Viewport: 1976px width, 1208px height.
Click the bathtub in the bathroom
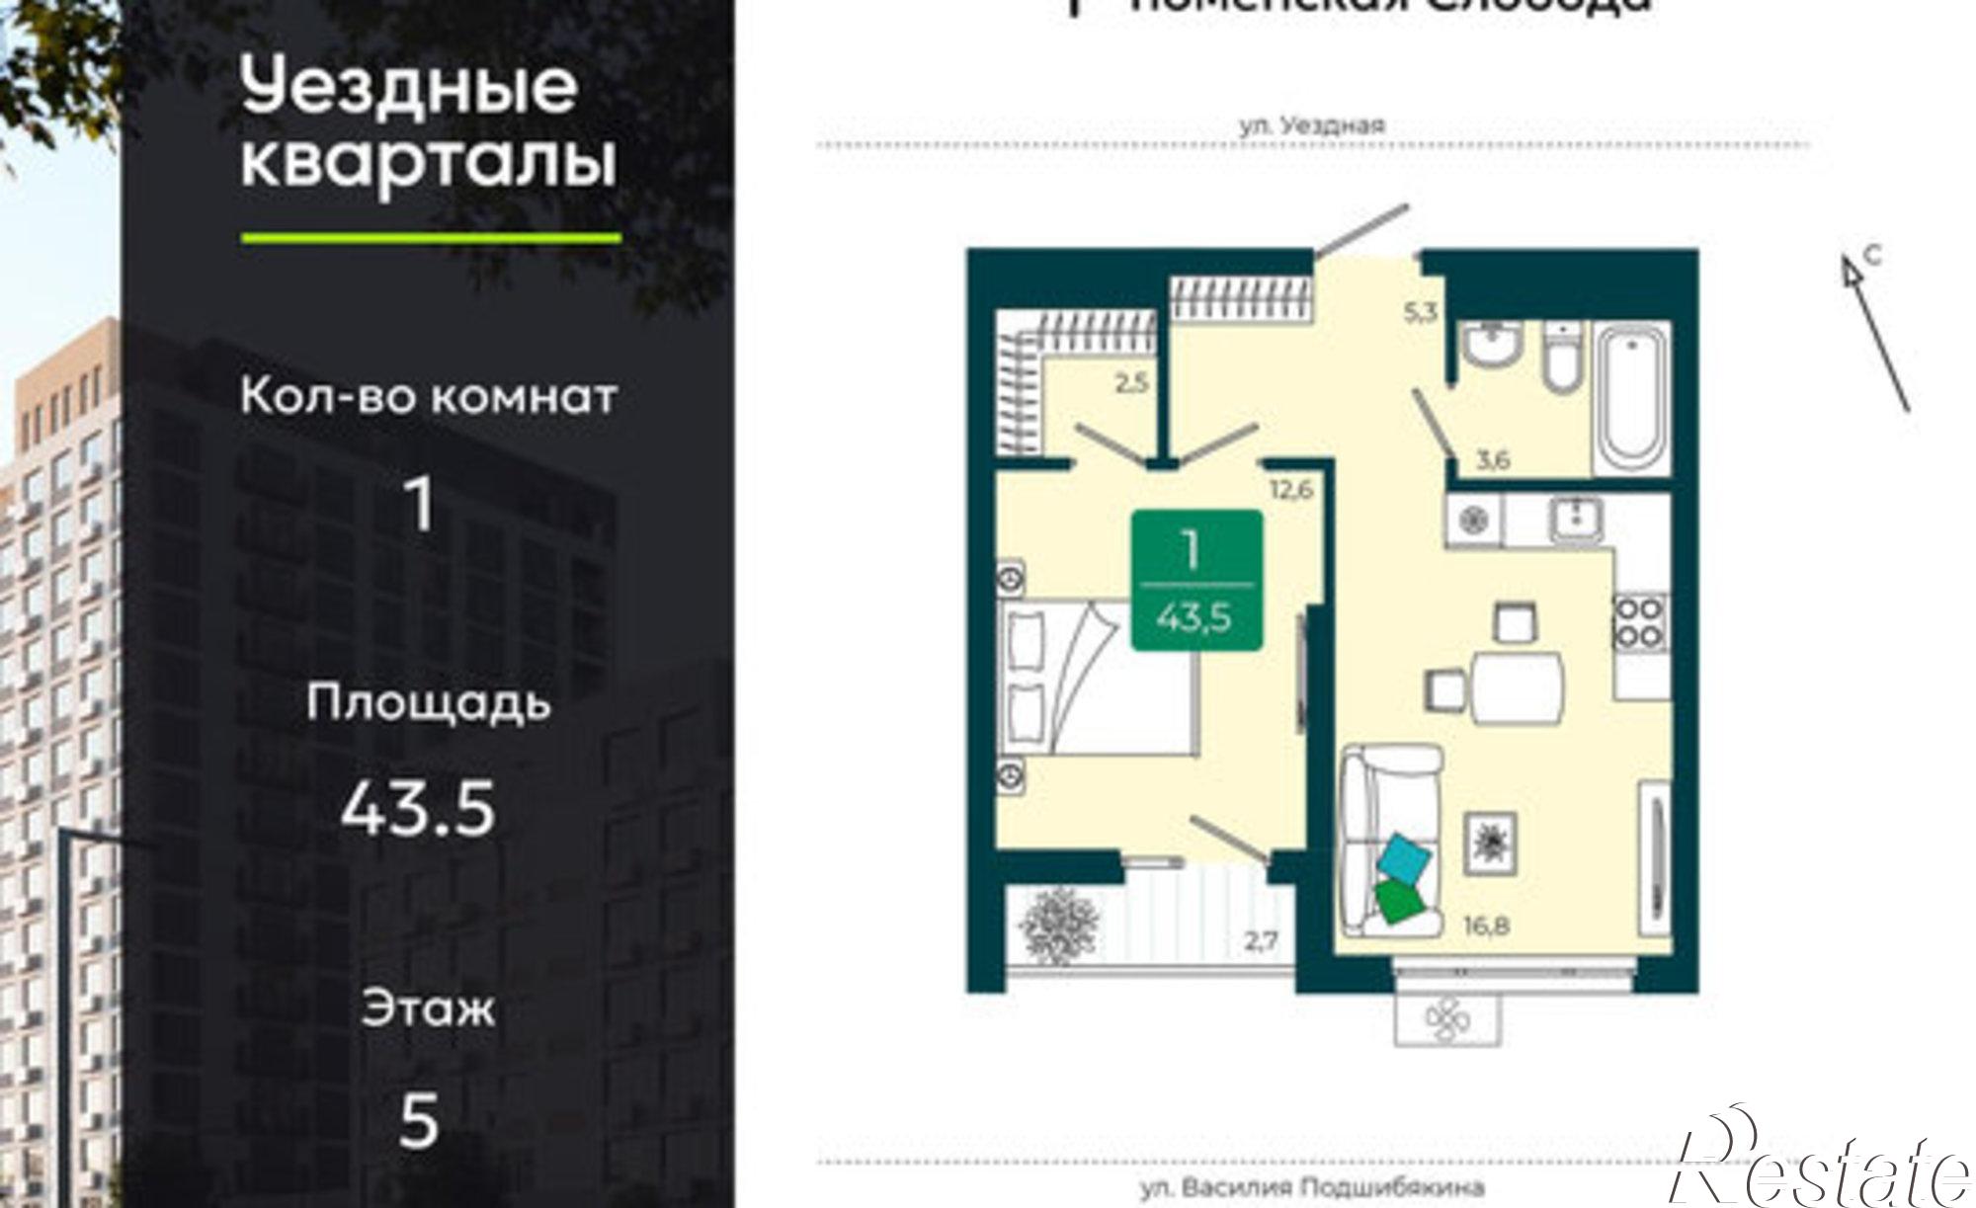1632,400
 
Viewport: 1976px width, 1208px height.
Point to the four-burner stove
1639,621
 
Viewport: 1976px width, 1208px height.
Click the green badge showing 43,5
1196,580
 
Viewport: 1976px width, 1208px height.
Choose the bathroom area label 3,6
1492,459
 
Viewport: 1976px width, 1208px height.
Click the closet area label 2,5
1131,381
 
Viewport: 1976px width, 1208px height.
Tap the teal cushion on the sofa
1406,858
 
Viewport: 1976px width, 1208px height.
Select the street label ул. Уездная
1312,125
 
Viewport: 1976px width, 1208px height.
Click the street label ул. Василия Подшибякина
1312,1186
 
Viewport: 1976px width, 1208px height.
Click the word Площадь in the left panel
427,703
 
